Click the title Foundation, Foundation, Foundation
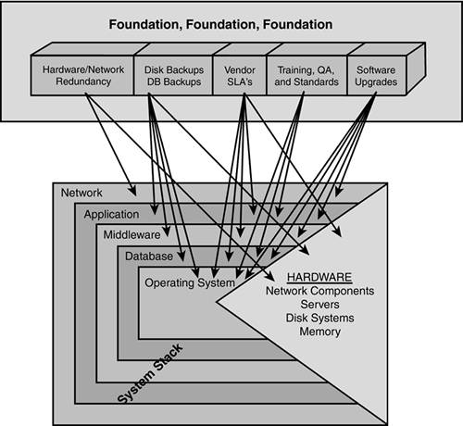220,24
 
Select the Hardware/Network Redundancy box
82,75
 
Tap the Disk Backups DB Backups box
173,75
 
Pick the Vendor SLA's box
240,75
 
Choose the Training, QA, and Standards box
307,75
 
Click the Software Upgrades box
376,75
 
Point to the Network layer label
81,193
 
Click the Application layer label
111,214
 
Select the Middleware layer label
131,234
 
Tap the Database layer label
149,256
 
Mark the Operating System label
190,282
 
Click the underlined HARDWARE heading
319,277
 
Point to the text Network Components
319,291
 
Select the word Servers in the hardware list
319,304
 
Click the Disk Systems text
319,318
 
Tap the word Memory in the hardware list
319,332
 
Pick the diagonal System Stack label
150,373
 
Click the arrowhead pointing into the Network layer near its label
132,191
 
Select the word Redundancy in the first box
83,81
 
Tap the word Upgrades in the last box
376,81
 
